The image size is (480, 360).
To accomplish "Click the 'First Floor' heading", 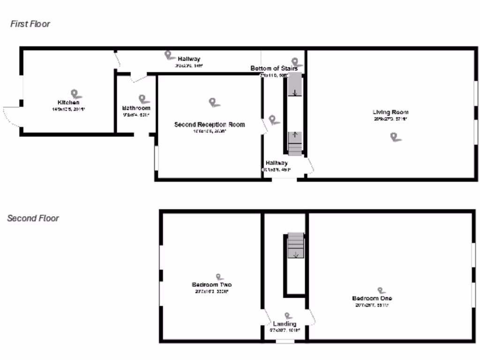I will (30, 24).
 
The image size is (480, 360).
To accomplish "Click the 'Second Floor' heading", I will (33, 218).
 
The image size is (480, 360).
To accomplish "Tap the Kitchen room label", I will (68, 102).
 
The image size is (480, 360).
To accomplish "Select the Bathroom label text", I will (136, 108).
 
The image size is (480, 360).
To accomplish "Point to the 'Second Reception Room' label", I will (210, 125).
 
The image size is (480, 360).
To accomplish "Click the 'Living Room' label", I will (390, 112).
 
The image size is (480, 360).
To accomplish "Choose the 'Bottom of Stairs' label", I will (274, 68).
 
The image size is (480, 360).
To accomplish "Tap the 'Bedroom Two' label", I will (211, 285).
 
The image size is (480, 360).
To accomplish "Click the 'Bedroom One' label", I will (372, 298).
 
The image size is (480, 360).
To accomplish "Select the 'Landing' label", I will (285, 324).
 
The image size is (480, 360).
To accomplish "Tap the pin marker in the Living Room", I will (396, 136).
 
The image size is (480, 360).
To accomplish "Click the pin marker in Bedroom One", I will (381, 291).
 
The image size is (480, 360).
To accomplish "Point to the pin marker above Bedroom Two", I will (219, 277).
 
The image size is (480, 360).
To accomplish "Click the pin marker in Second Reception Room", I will (214, 102).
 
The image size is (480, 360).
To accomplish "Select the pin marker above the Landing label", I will (288, 316).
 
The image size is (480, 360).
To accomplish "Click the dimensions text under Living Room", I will (390, 119).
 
